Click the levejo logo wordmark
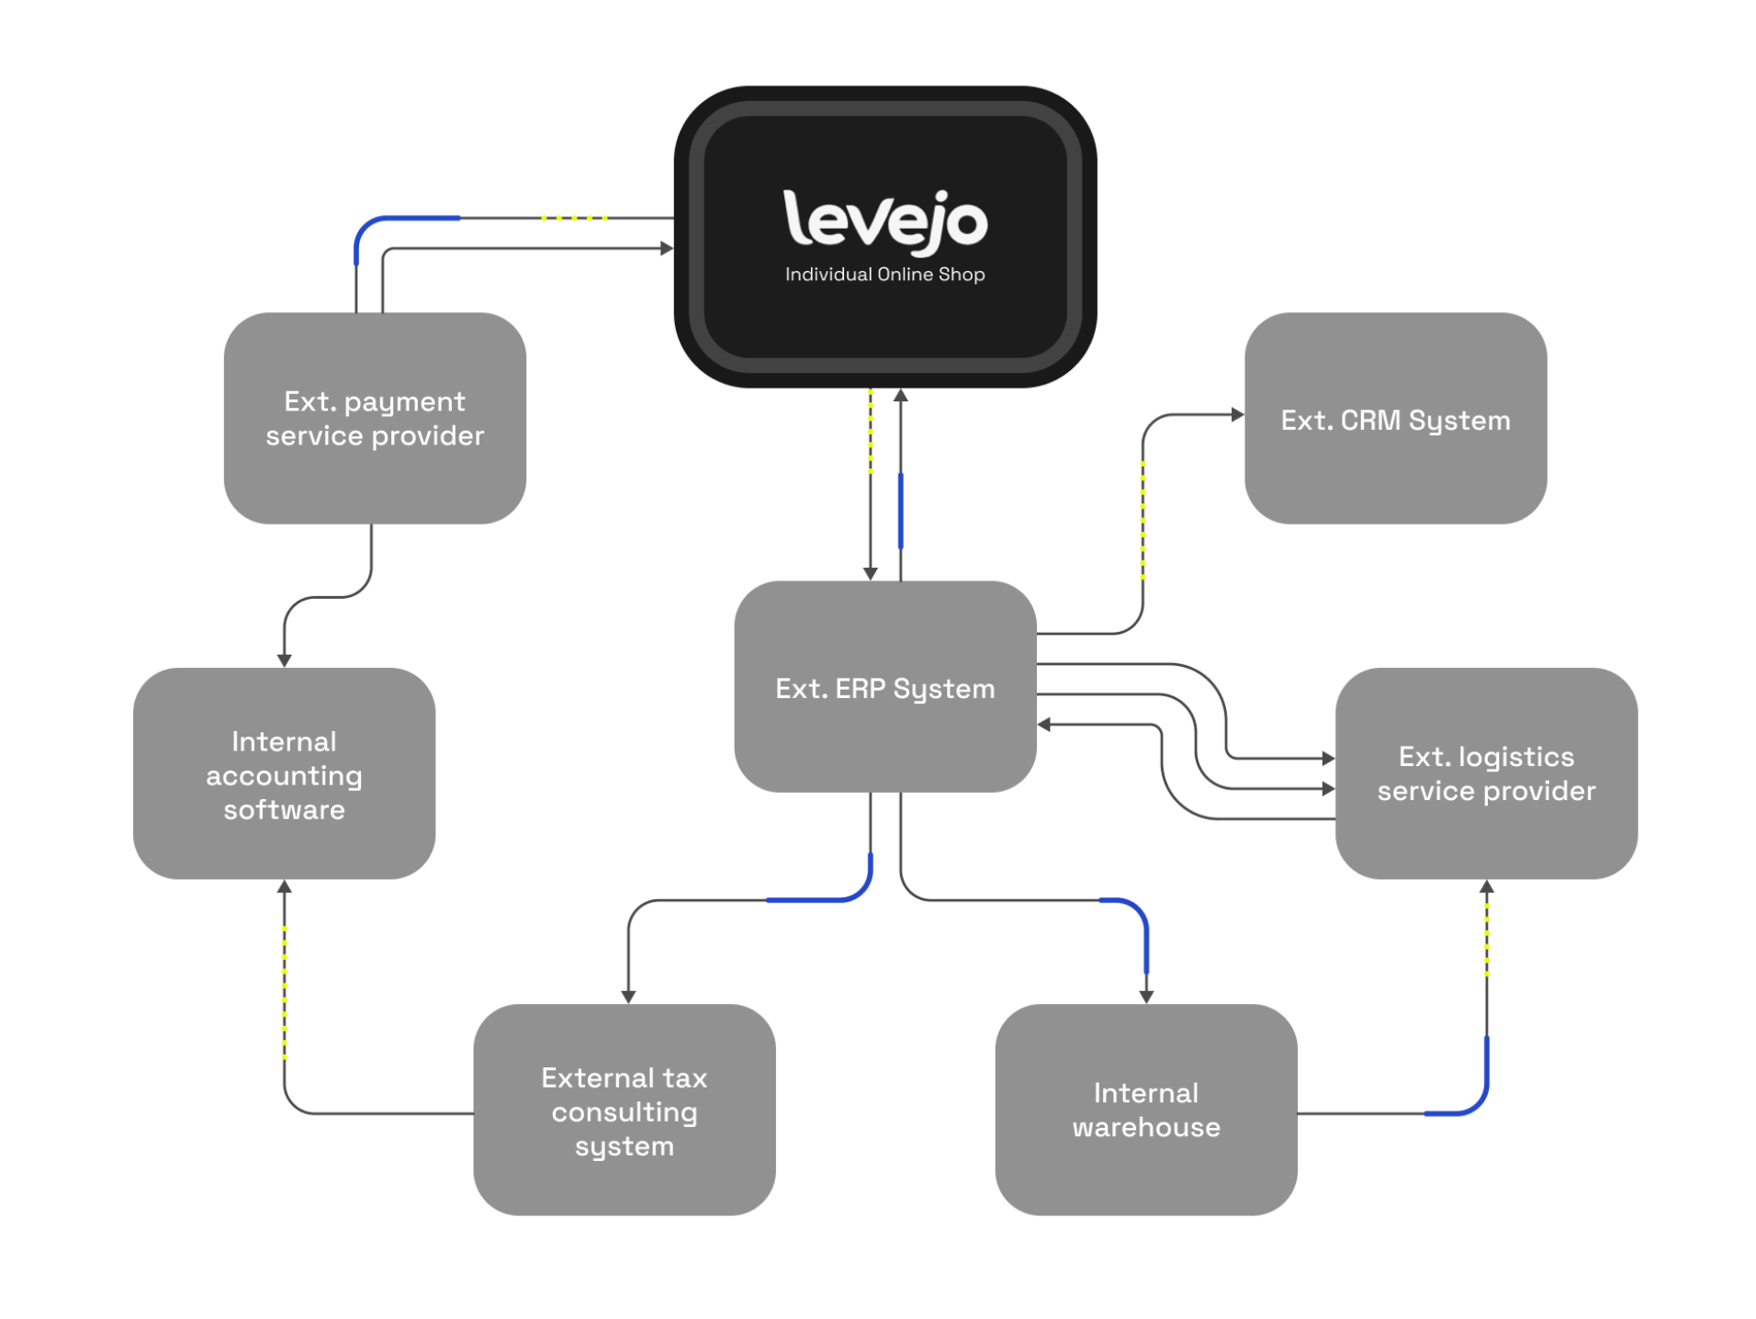click(x=884, y=220)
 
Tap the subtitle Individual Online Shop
click(x=884, y=275)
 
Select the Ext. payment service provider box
click(x=375, y=418)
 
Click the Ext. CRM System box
click(x=1394, y=419)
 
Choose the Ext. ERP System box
click(x=884, y=687)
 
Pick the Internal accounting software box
click(x=284, y=773)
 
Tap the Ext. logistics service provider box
click(x=1485, y=772)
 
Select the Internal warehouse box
click(x=1145, y=1109)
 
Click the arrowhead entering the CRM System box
click(x=1237, y=415)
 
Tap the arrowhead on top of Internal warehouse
click(x=1145, y=996)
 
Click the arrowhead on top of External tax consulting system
click(x=628, y=996)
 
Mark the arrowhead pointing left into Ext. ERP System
click(x=1044, y=725)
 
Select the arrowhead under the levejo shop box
click(x=900, y=396)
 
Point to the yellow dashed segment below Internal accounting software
click(x=284, y=992)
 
